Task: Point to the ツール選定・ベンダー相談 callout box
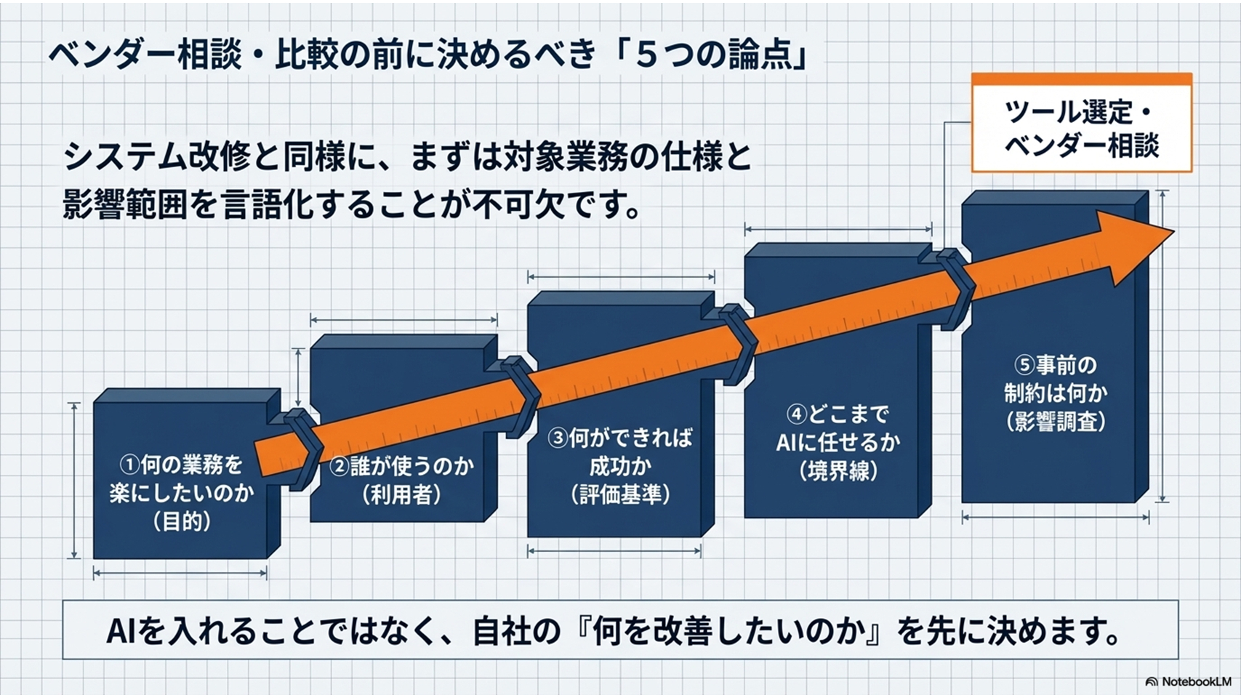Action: (1082, 123)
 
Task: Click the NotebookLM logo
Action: (1188, 681)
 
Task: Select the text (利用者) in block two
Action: (401, 494)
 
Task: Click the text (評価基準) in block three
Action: (620, 494)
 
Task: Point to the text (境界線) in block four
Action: (838, 471)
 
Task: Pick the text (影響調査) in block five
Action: (1056, 422)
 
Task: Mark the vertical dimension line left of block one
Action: (73, 481)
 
